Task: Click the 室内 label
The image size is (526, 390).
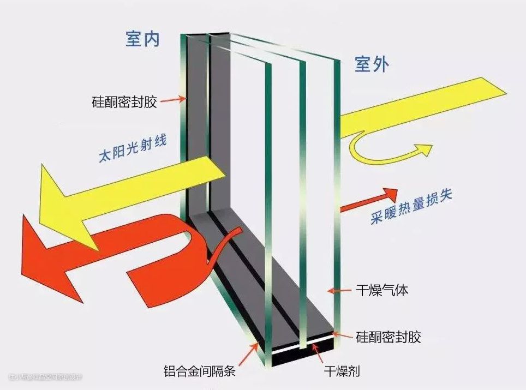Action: (142, 39)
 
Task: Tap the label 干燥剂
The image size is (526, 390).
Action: (343, 372)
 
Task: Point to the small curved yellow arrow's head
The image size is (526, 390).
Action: (423, 148)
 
